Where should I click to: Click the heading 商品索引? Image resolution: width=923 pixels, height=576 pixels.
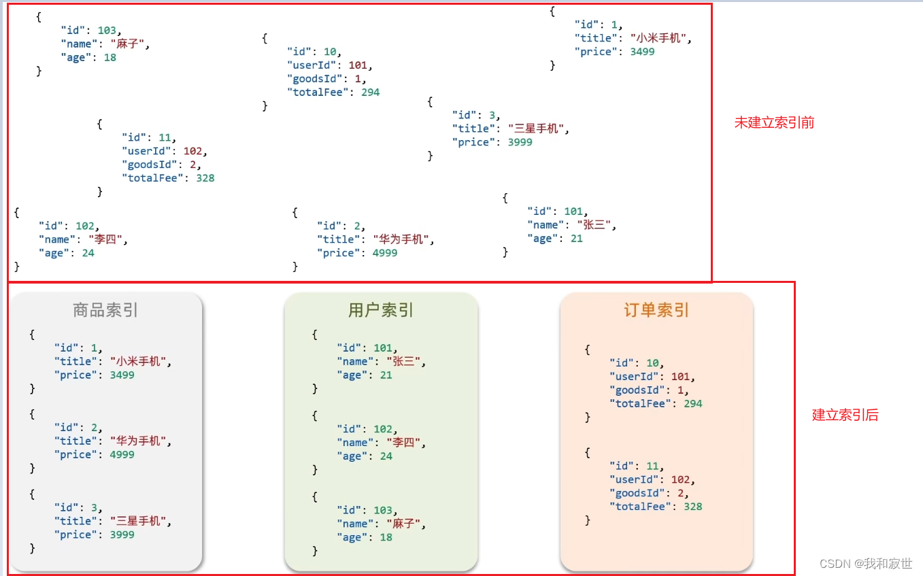coord(105,311)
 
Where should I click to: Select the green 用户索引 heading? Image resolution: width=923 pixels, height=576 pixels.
coord(381,311)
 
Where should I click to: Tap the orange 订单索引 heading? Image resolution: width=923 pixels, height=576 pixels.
coord(656,311)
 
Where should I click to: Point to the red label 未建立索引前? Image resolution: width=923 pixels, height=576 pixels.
coord(774,123)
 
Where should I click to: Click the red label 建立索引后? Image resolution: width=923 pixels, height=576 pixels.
coord(845,416)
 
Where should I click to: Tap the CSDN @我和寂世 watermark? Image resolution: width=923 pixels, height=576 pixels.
coord(866,564)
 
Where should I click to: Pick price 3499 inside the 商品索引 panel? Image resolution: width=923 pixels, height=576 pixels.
coord(122,375)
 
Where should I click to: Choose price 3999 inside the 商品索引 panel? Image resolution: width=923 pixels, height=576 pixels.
coord(122,535)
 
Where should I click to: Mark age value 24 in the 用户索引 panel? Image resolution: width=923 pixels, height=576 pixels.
coord(386,456)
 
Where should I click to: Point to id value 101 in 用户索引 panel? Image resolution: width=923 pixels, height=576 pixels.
coord(383,348)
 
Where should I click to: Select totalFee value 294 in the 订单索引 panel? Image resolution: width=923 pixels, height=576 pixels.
coord(693,404)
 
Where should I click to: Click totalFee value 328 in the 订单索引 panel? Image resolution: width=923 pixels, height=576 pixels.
coord(693,507)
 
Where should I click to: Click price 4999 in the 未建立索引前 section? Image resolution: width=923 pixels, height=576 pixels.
coord(385,253)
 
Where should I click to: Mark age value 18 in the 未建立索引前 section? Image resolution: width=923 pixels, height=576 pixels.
coord(110,58)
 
